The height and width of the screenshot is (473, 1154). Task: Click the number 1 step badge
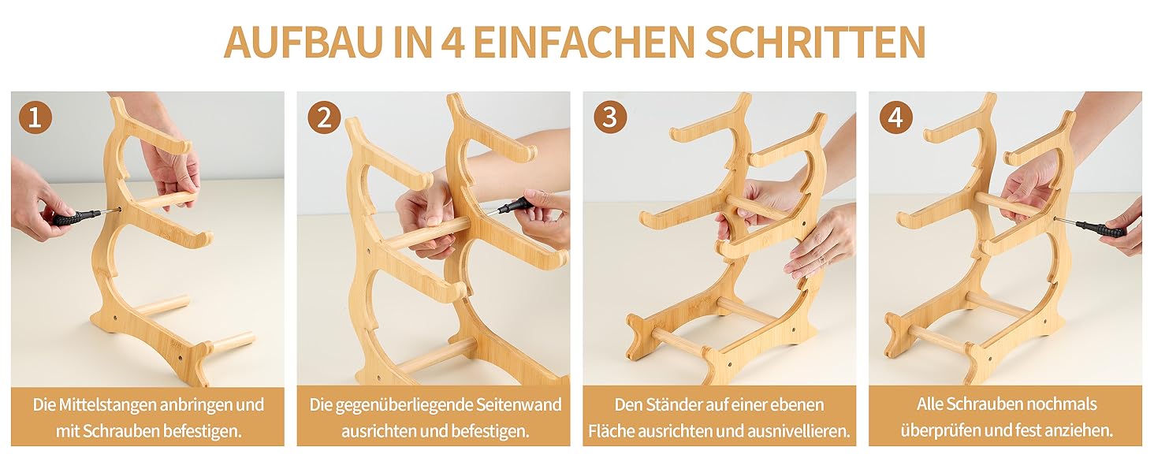coord(35,117)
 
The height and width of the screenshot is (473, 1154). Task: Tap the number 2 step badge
coord(324,117)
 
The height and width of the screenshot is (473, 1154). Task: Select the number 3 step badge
coord(610,117)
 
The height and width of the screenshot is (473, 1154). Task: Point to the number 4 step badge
coord(896,117)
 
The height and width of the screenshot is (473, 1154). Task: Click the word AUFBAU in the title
coord(303,41)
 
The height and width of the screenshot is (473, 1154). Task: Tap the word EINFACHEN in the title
coord(584,41)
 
